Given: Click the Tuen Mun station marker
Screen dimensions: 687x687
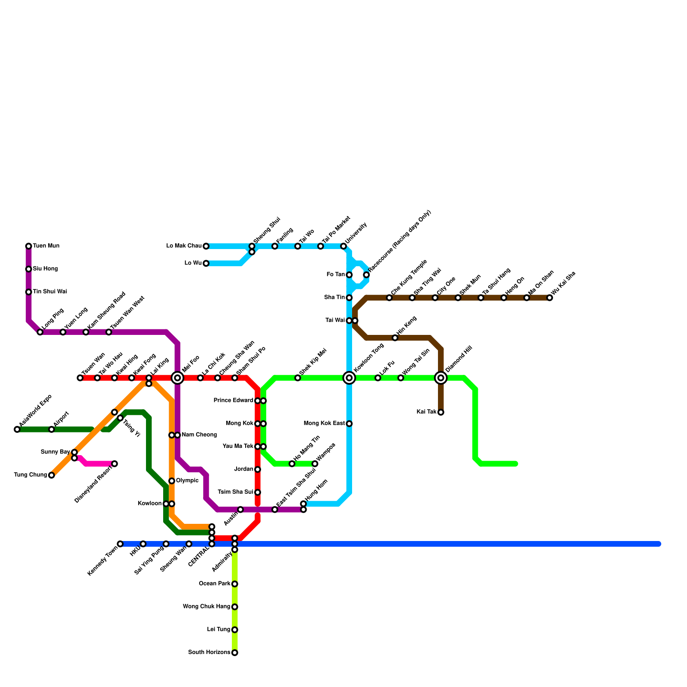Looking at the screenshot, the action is tap(28, 246).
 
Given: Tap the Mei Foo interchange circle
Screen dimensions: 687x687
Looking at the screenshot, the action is tap(177, 378).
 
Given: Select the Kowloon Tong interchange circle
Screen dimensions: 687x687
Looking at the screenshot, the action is tap(349, 378).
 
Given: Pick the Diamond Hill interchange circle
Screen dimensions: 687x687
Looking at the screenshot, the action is tap(441, 378).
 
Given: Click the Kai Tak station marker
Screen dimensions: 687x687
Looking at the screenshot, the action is tap(441, 412).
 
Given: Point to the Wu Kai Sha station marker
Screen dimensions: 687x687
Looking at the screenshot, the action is tap(550, 298).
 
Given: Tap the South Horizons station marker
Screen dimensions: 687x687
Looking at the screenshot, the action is tap(234, 653).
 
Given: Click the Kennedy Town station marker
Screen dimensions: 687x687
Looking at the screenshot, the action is tap(120, 544).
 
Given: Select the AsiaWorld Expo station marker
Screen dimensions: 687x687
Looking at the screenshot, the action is tap(17, 429).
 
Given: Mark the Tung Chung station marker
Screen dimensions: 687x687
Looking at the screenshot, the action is tap(52, 475).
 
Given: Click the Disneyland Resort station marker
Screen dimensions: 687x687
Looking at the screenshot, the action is tap(114, 464).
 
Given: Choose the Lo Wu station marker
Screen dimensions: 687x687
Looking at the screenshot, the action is tap(206, 263).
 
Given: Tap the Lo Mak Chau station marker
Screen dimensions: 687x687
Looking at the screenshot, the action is tap(206, 246).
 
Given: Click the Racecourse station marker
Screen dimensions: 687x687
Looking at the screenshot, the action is tap(366, 275).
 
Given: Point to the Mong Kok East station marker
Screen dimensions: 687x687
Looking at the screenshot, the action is tap(349, 424).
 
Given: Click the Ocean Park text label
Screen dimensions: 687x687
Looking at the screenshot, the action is tap(215, 584).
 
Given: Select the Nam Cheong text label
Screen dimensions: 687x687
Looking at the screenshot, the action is tap(199, 435).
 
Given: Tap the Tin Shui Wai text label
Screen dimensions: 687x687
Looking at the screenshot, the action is tap(50, 292).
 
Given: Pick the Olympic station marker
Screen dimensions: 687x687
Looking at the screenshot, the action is tap(172, 481).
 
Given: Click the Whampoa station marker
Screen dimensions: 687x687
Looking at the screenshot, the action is tap(315, 464).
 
